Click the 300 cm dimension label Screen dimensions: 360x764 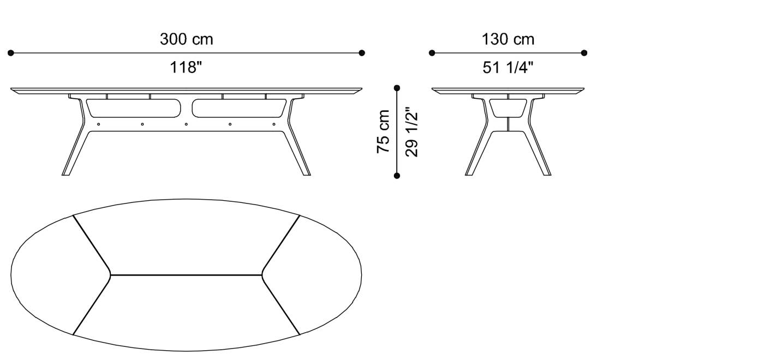tap(186, 39)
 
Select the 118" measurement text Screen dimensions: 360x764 tap(186, 68)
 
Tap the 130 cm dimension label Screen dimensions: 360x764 tap(508, 39)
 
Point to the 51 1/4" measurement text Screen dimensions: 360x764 tap(508, 68)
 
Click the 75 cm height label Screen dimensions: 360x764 tap(384, 131)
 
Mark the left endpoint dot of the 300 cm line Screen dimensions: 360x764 tap(10, 53)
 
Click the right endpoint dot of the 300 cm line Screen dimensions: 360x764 tap(362, 53)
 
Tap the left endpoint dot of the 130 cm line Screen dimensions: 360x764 tap(432, 53)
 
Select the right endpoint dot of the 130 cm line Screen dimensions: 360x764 tap(584, 53)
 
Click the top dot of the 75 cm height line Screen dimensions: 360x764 tap(397, 88)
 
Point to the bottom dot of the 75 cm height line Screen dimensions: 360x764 tap(397, 176)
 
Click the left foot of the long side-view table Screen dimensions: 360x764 tap(66, 173)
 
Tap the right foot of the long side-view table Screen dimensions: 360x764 tap(306, 173)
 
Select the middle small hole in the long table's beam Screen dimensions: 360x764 tap(186, 124)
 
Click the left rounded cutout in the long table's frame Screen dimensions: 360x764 tap(134, 108)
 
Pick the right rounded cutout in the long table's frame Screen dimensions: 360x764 tap(239, 108)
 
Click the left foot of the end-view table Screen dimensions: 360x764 tap(469, 173)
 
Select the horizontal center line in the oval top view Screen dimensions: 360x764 tap(186, 275)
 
